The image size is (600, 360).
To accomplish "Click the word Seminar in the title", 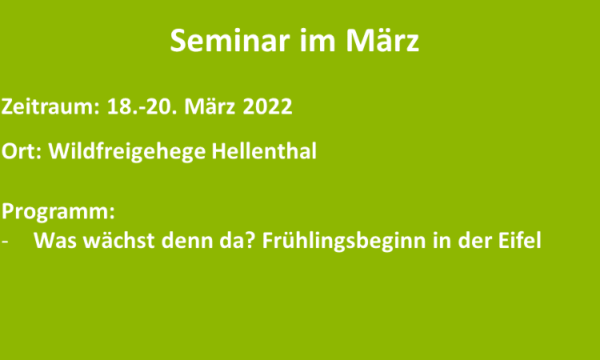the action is tap(230, 41).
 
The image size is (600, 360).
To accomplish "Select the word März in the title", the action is tap(382, 40).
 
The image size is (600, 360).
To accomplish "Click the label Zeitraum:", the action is tap(50, 106).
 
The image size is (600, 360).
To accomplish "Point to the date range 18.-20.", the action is tap(142, 106).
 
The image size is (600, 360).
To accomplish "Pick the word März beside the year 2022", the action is tap(210, 106).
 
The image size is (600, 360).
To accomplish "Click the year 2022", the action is tap(267, 106).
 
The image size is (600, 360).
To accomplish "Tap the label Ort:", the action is tap(22, 151).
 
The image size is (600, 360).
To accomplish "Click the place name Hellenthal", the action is tap(264, 150).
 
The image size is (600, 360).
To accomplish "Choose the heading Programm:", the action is tap(58, 211).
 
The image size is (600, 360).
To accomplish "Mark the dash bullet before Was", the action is tap(5, 242).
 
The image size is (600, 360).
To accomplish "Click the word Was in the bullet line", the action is tap(55, 241).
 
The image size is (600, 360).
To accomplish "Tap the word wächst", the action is tap(118, 240).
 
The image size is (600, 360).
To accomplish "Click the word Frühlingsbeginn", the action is tap(344, 241).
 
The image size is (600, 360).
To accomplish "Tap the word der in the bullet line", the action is tap(474, 240).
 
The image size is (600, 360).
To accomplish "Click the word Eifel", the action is tap(520, 240).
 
